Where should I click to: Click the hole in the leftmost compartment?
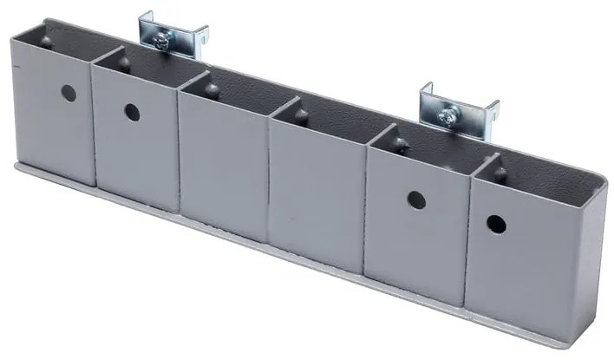(x=69, y=93)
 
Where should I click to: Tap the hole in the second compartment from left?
(x=131, y=111)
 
